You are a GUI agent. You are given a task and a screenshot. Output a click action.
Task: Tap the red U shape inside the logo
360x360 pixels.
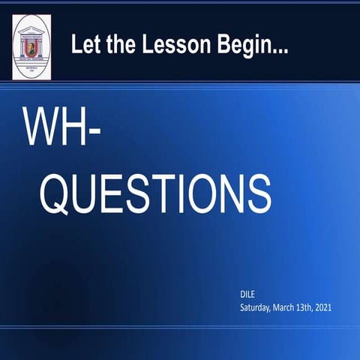pos(32,50)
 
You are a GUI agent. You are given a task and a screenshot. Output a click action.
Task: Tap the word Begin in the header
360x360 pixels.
pos(233,44)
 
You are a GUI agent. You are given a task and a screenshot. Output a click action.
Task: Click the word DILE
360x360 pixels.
pos(247,295)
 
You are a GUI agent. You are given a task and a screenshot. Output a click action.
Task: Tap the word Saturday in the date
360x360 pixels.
pos(257,307)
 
